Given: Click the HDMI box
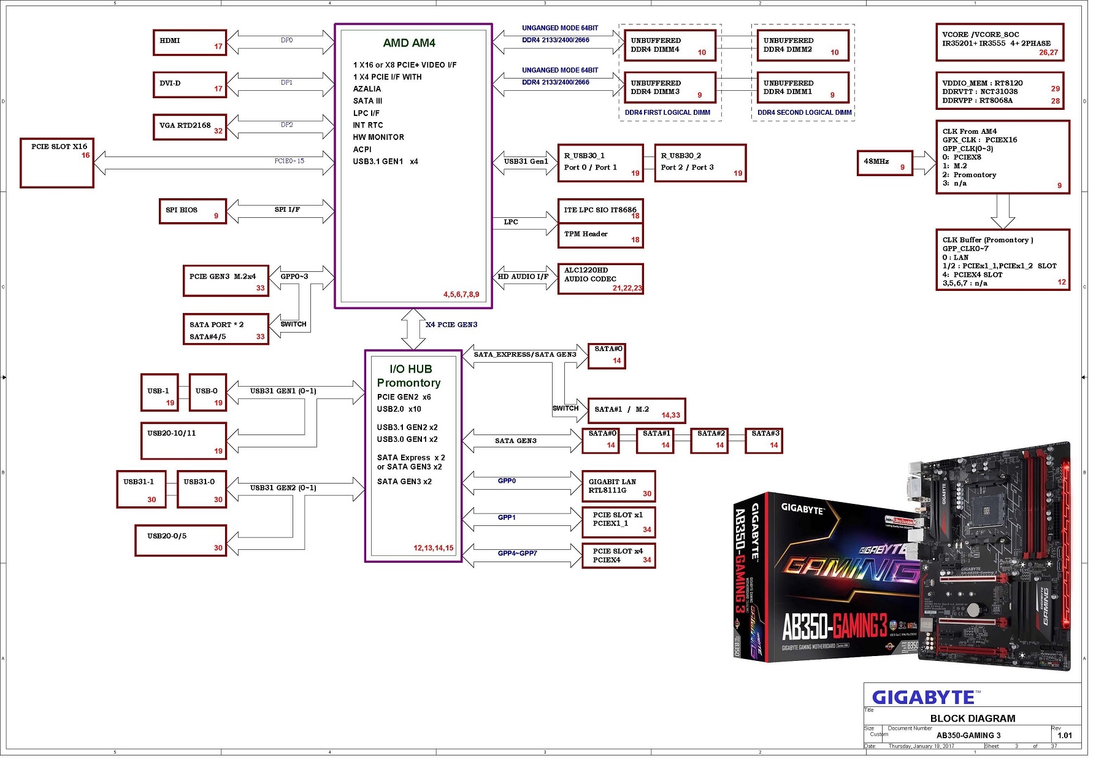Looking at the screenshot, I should [x=190, y=42].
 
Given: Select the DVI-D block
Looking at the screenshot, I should [x=190, y=85].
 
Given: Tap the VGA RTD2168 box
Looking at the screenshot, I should [x=190, y=127].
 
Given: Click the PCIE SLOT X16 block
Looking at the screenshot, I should [x=57, y=163].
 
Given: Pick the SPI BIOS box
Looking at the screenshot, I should [x=193, y=211].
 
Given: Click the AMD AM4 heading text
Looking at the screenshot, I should [x=409, y=43].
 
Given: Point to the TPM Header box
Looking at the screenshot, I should [x=600, y=236].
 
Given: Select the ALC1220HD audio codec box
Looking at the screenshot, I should [x=600, y=279].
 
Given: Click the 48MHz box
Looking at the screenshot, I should [x=884, y=163].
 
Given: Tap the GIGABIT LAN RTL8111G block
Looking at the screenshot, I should [x=618, y=486].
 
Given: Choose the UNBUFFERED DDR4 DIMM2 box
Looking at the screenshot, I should [x=802, y=46].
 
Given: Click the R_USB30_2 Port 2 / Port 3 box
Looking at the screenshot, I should [x=700, y=163].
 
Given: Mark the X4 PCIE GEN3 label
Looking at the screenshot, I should [x=451, y=325].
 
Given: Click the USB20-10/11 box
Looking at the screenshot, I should [x=183, y=441].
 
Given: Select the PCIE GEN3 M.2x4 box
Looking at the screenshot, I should [x=226, y=280].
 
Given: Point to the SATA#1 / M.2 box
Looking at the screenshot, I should [x=636, y=411].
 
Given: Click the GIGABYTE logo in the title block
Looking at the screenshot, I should [x=924, y=698].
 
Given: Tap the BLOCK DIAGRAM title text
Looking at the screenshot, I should [x=973, y=719].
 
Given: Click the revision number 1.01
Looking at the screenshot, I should [x=1065, y=735].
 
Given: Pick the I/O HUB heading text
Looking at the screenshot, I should [x=410, y=369].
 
